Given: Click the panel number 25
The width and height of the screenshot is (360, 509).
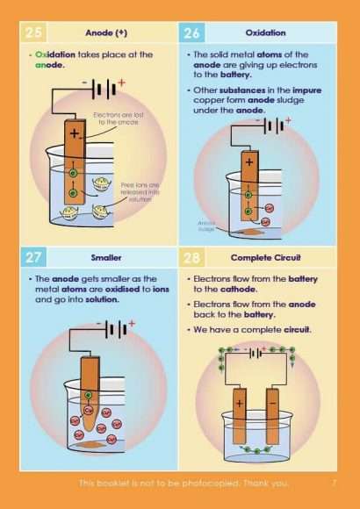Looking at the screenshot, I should [35, 32].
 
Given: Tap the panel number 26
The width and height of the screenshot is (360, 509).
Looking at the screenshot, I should [192, 32].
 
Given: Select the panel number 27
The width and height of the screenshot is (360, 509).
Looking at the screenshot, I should [35, 258].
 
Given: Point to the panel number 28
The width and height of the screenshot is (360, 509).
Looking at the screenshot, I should [192, 258].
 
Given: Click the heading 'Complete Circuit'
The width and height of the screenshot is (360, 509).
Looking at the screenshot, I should [264, 258].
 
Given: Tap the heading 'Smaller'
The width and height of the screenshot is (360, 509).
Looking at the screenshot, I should [106, 258].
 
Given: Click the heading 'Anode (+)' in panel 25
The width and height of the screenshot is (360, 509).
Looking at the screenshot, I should [106, 32].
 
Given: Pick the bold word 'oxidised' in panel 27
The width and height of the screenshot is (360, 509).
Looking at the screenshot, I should [128, 290].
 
